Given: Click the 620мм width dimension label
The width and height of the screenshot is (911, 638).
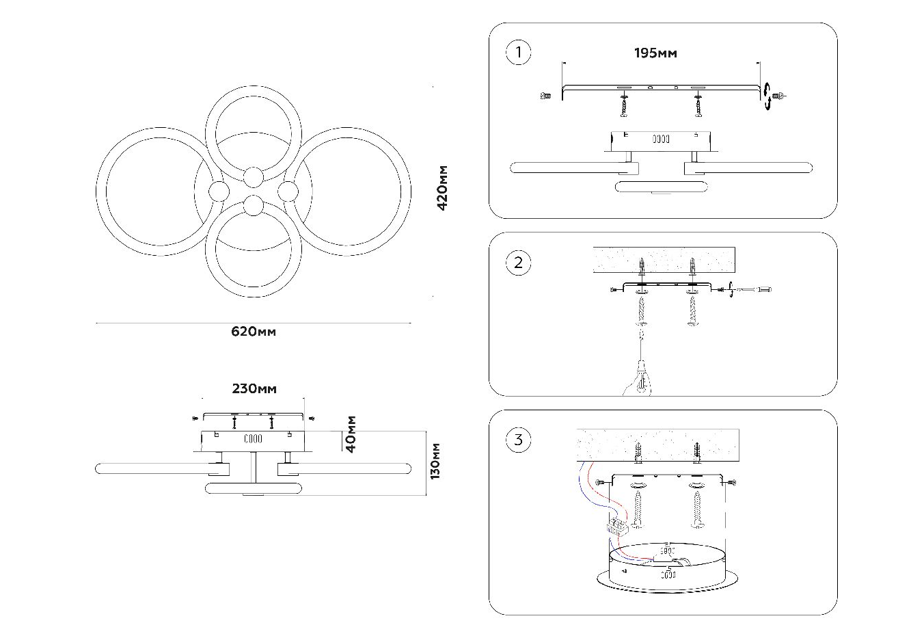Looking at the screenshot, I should click(254, 332).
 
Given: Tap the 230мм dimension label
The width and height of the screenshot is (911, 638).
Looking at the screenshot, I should click(254, 388).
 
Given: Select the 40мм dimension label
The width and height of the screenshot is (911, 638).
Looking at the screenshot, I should click(351, 434).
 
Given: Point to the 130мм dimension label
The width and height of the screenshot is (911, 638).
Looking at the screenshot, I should click(435, 461).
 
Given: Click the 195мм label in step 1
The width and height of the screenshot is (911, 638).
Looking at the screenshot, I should click(655, 53).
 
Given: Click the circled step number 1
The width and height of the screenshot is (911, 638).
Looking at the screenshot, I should click(518, 53).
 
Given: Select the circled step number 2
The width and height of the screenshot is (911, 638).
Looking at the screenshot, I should click(518, 263).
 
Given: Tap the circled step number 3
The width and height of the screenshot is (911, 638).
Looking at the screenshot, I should click(518, 440).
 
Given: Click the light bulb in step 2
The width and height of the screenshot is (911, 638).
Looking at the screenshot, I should click(640, 383).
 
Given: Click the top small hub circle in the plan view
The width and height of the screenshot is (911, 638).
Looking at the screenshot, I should click(254, 177).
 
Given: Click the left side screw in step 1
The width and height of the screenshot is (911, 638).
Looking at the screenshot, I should click(545, 96).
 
